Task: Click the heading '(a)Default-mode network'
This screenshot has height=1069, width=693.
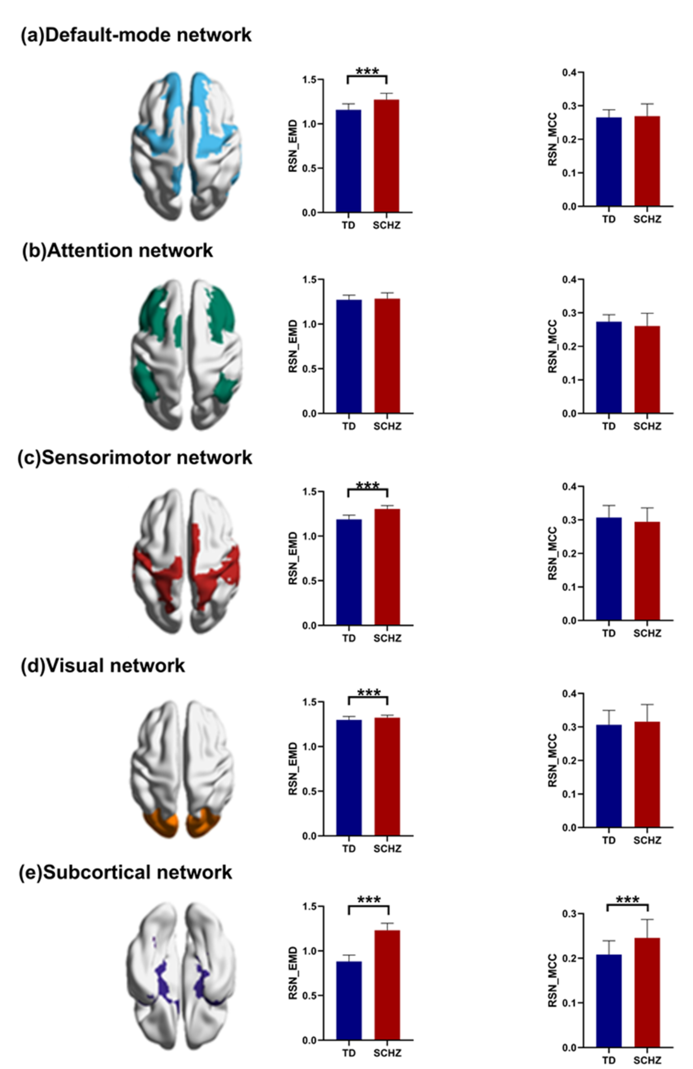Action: pos(136,35)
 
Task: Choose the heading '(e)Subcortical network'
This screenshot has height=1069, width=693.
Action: pos(125,872)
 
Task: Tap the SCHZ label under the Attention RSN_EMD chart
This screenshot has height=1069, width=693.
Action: pos(387,426)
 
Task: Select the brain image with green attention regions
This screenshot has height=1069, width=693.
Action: pos(186,354)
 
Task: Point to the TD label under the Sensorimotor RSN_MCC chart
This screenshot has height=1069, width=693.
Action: pos(609,633)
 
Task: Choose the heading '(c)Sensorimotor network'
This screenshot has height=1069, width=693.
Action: pos(135,457)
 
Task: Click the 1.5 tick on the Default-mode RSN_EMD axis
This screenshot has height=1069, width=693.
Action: pos(309,80)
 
